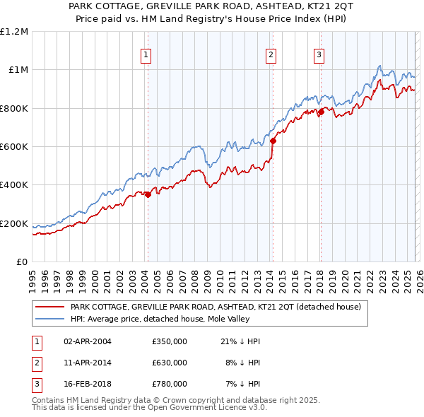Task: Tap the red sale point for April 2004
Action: coord(148,195)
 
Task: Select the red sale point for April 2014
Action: coord(273,141)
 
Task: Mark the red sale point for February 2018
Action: coord(321,112)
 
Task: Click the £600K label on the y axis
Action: coord(14,147)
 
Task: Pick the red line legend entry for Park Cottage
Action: coord(216,307)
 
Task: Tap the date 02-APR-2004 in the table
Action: coord(88,341)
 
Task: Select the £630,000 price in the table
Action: coord(170,363)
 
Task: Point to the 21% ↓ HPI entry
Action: coord(240,341)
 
